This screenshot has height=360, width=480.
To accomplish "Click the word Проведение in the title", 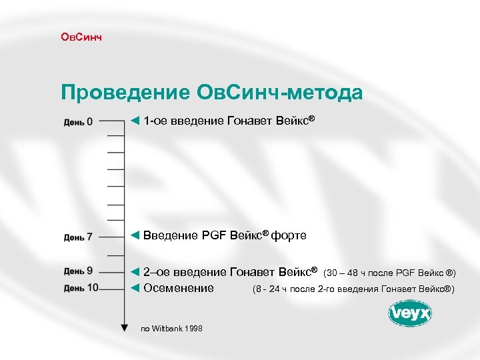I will [x=125, y=93].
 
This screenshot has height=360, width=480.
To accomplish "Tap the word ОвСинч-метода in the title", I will [x=280, y=93].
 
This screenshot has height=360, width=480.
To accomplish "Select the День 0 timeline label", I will [x=79, y=122].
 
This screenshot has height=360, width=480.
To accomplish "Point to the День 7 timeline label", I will [x=79, y=237].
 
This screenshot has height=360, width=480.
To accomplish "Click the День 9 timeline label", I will [x=79, y=271].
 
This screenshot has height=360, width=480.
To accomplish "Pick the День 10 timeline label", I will [x=81, y=288].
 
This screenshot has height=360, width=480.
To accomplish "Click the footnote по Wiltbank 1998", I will [x=171, y=329].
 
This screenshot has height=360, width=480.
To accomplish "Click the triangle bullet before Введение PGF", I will [x=135, y=235].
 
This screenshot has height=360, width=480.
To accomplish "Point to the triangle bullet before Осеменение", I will [x=135, y=288].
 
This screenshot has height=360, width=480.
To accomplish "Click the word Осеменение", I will [x=179, y=288].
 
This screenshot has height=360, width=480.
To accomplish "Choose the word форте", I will [x=289, y=235].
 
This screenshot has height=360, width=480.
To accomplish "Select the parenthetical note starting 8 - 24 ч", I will [x=353, y=289].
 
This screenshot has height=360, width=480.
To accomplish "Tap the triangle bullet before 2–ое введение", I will [x=135, y=271].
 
